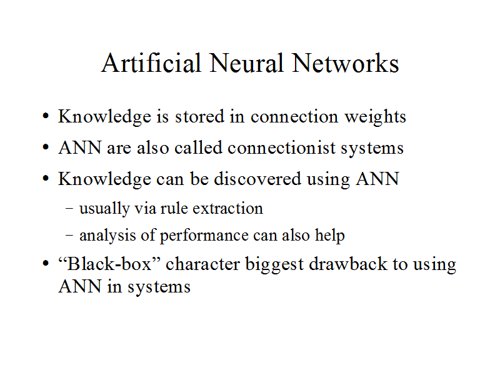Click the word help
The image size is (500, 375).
coord(331,236)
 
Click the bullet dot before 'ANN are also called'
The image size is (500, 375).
coord(46,149)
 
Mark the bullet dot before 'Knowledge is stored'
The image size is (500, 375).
coord(46,117)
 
